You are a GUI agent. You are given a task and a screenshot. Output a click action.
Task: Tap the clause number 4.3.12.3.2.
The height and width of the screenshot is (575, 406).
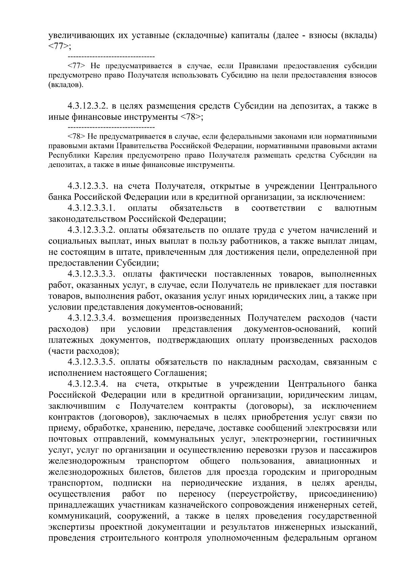point(88,106)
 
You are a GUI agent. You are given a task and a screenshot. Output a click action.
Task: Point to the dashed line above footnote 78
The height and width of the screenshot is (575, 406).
point(111,127)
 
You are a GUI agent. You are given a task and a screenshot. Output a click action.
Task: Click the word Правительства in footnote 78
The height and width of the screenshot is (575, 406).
point(142,146)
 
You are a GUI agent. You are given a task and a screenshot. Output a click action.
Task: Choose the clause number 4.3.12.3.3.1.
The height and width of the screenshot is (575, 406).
point(92,208)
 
